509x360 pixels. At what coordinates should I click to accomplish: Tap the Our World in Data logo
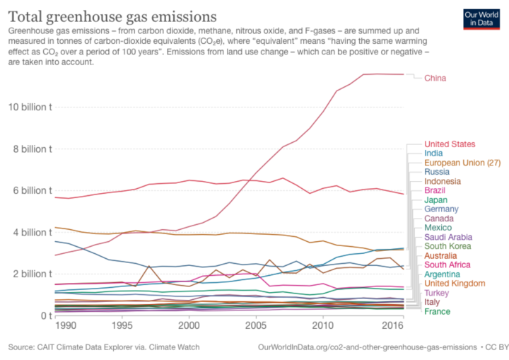(x=481, y=19)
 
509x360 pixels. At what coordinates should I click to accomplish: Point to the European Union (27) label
(x=462, y=163)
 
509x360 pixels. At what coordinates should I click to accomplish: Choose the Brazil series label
(x=435, y=190)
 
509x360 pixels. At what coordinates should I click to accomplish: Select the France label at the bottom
(x=437, y=311)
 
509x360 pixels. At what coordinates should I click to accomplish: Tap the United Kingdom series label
(x=455, y=284)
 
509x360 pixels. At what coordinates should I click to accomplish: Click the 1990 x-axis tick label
(x=65, y=326)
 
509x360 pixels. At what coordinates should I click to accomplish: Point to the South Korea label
(x=447, y=246)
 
